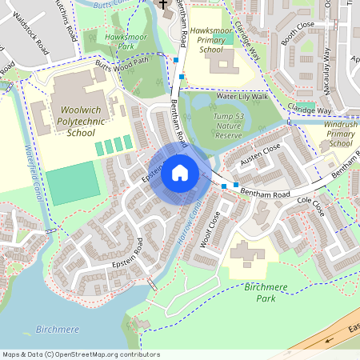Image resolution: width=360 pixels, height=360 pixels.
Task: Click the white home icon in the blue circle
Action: (180, 172)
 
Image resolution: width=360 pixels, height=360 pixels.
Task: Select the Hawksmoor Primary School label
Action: (211, 40)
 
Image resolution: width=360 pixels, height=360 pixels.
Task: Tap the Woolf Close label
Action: (209, 230)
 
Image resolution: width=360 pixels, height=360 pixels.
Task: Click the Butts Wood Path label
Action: (122, 63)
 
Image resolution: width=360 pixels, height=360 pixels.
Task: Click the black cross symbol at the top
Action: (163, 5)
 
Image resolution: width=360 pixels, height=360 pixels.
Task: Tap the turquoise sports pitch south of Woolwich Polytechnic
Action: (73, 183)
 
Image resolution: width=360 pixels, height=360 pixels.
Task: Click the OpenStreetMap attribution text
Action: (80, 354)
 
